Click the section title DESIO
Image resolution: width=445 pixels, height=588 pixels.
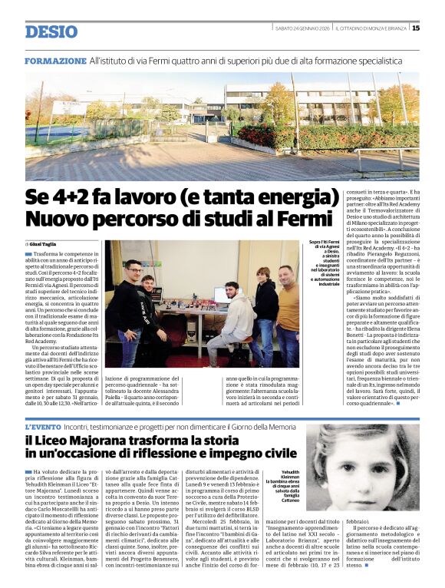51,31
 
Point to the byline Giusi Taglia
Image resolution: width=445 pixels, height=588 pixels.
45,243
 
